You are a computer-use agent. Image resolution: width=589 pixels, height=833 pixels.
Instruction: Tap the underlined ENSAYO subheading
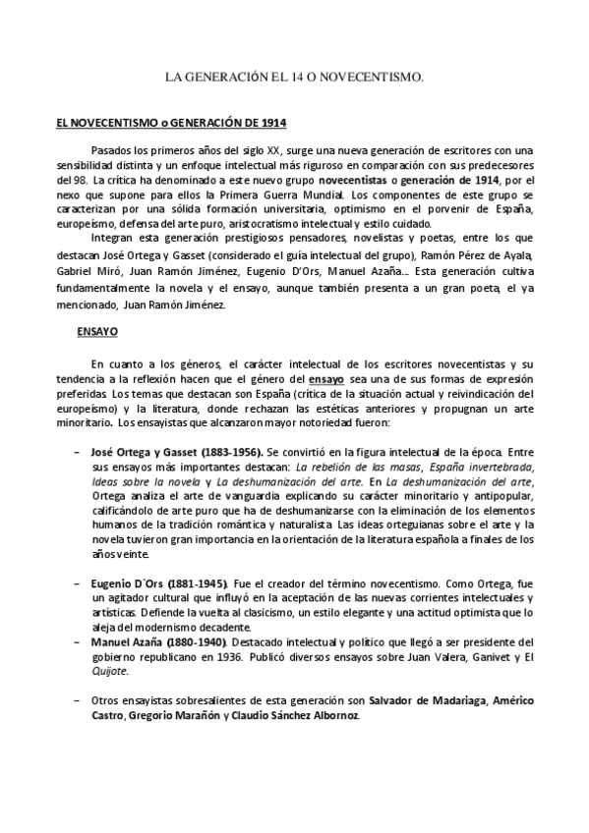coord(97,332)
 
